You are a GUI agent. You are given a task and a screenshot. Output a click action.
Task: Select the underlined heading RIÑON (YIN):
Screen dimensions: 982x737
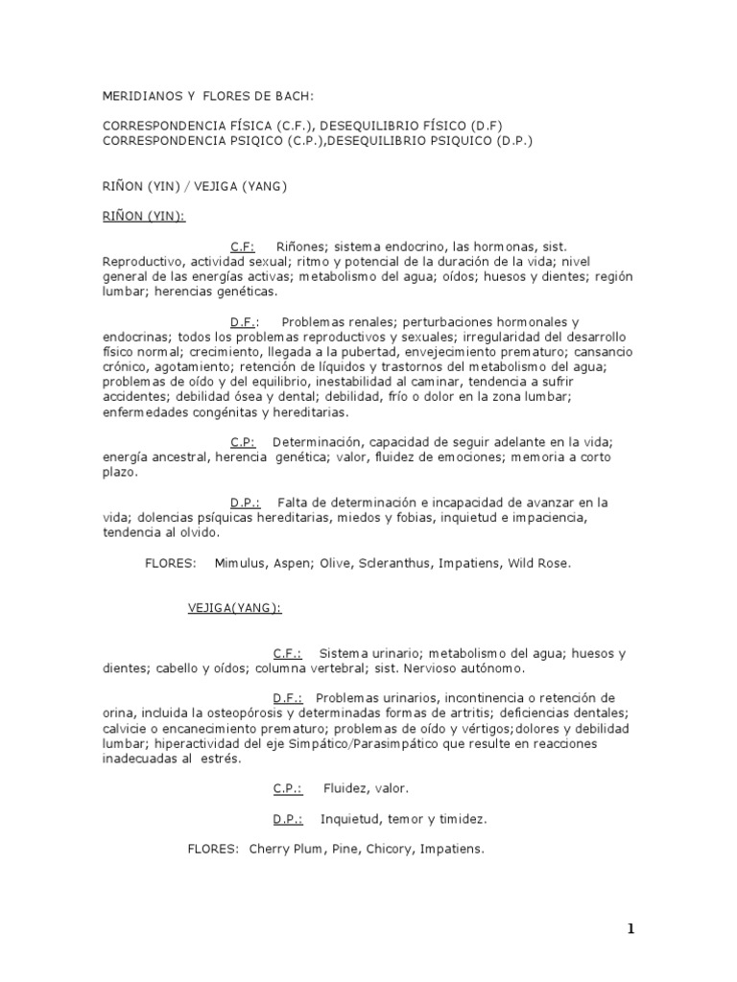coord(144,217)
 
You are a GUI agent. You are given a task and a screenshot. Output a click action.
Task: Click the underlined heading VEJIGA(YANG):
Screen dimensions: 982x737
coord(234,608)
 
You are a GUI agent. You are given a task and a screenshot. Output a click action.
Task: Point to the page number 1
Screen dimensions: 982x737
coord(630,928)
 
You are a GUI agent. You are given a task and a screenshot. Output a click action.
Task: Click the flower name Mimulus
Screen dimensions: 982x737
coord(241,563)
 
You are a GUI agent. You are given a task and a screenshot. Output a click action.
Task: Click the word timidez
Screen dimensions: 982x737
coord(463,819)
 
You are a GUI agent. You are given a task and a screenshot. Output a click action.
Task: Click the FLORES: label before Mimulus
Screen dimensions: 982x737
coord(171,563)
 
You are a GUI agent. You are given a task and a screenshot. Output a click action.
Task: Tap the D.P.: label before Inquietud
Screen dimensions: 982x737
coord(288,819)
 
